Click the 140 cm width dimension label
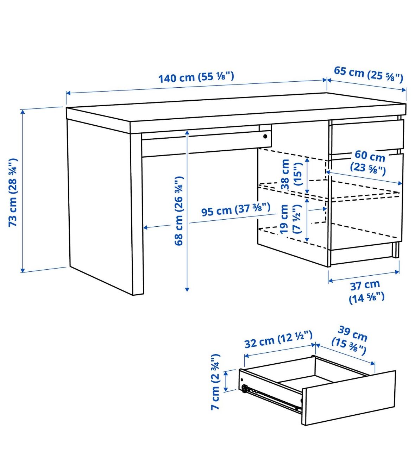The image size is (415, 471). (196, 77)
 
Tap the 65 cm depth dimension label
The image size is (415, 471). (368, 74)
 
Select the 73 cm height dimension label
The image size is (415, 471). (13, 193)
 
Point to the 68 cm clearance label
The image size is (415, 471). (179, 211)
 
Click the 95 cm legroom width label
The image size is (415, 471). (236, 209)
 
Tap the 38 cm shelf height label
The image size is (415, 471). (291, 174)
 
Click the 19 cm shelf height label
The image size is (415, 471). (290, 219)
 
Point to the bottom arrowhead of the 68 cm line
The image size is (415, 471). (187, 289)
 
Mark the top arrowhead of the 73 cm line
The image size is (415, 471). (23, 112)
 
